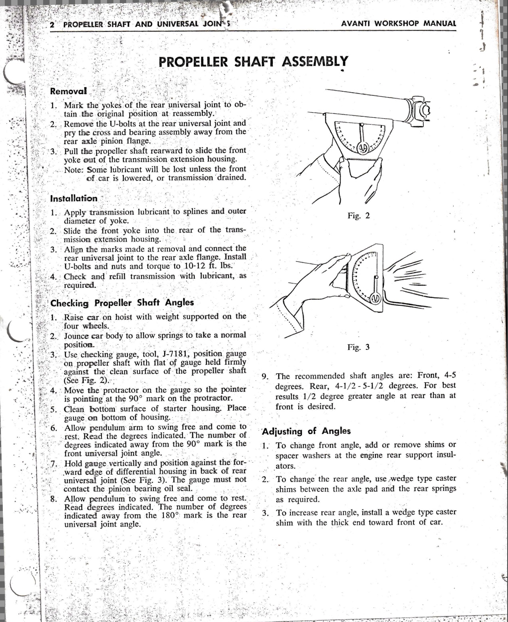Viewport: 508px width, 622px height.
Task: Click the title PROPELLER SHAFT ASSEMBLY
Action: click(253, 62)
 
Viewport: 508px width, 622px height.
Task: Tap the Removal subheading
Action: click(68, 91)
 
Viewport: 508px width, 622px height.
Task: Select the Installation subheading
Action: click(74, 198)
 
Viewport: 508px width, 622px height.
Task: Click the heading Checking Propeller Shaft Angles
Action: click(122, 303)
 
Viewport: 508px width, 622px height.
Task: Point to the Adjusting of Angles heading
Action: click(306, 431)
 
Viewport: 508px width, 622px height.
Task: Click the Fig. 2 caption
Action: click(358, 216)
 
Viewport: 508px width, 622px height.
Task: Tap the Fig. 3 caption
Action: click(358, 347)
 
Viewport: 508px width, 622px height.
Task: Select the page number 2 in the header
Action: click(52, 24)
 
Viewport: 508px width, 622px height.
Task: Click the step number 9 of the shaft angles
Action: click(264, 376)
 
